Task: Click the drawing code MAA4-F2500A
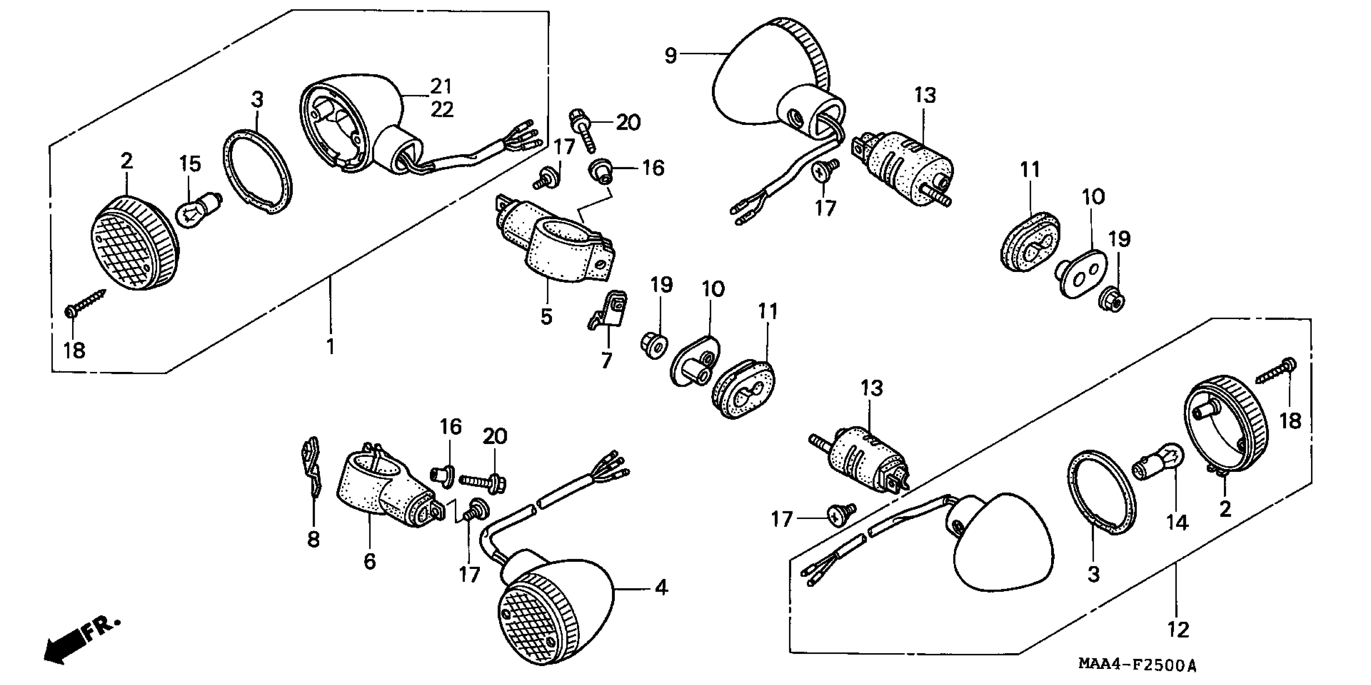click(1136, 665)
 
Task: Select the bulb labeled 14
click(1161, 463)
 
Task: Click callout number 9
click(671, 55)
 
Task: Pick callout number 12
click(1177, 630)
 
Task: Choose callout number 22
click(442, 110)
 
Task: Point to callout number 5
click(546, 317)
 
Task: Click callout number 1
click(330, 347)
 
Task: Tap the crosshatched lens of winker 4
click(537, 620)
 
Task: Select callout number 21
click(441, 86)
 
